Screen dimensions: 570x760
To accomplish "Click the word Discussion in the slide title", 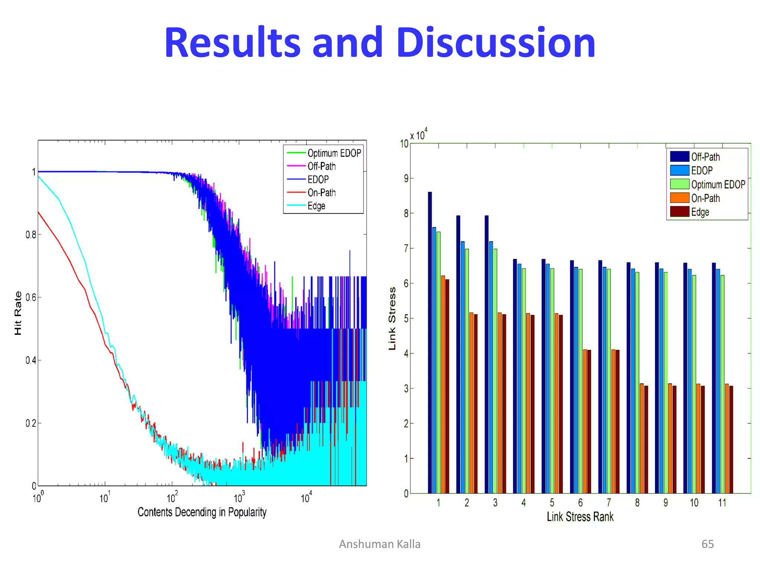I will coord(496,43).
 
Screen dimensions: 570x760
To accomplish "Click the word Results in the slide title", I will coord(232,43).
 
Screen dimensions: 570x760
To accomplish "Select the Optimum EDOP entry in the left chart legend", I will coord(334,153).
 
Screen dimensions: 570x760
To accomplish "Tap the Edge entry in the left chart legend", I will coord(316,206).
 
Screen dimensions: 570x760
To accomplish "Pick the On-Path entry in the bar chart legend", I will coord(705,198).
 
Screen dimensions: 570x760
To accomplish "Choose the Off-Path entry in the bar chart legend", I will coord(705,157).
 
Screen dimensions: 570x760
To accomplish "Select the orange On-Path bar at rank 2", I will coord(471,403).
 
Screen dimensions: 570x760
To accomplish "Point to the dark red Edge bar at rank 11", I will coord(731,439).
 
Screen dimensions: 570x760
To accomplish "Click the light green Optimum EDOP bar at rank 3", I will coord(495,371).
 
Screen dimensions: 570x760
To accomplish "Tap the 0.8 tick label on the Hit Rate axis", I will coord(31,235).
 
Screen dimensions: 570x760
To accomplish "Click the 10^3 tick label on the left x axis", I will coord(239,497).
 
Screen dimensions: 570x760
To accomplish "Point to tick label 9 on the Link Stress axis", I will coord(406,179).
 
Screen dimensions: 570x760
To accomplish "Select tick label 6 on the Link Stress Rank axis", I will coord(580,503).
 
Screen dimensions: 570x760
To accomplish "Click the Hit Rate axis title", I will coord(18,313).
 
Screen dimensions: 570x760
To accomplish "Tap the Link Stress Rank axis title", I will coord(580,517).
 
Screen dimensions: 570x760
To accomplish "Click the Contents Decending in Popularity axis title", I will coord(202,512).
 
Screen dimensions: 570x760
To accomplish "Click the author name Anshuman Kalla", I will coord(380,544).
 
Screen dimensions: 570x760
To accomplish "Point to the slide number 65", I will coord(707,544).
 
